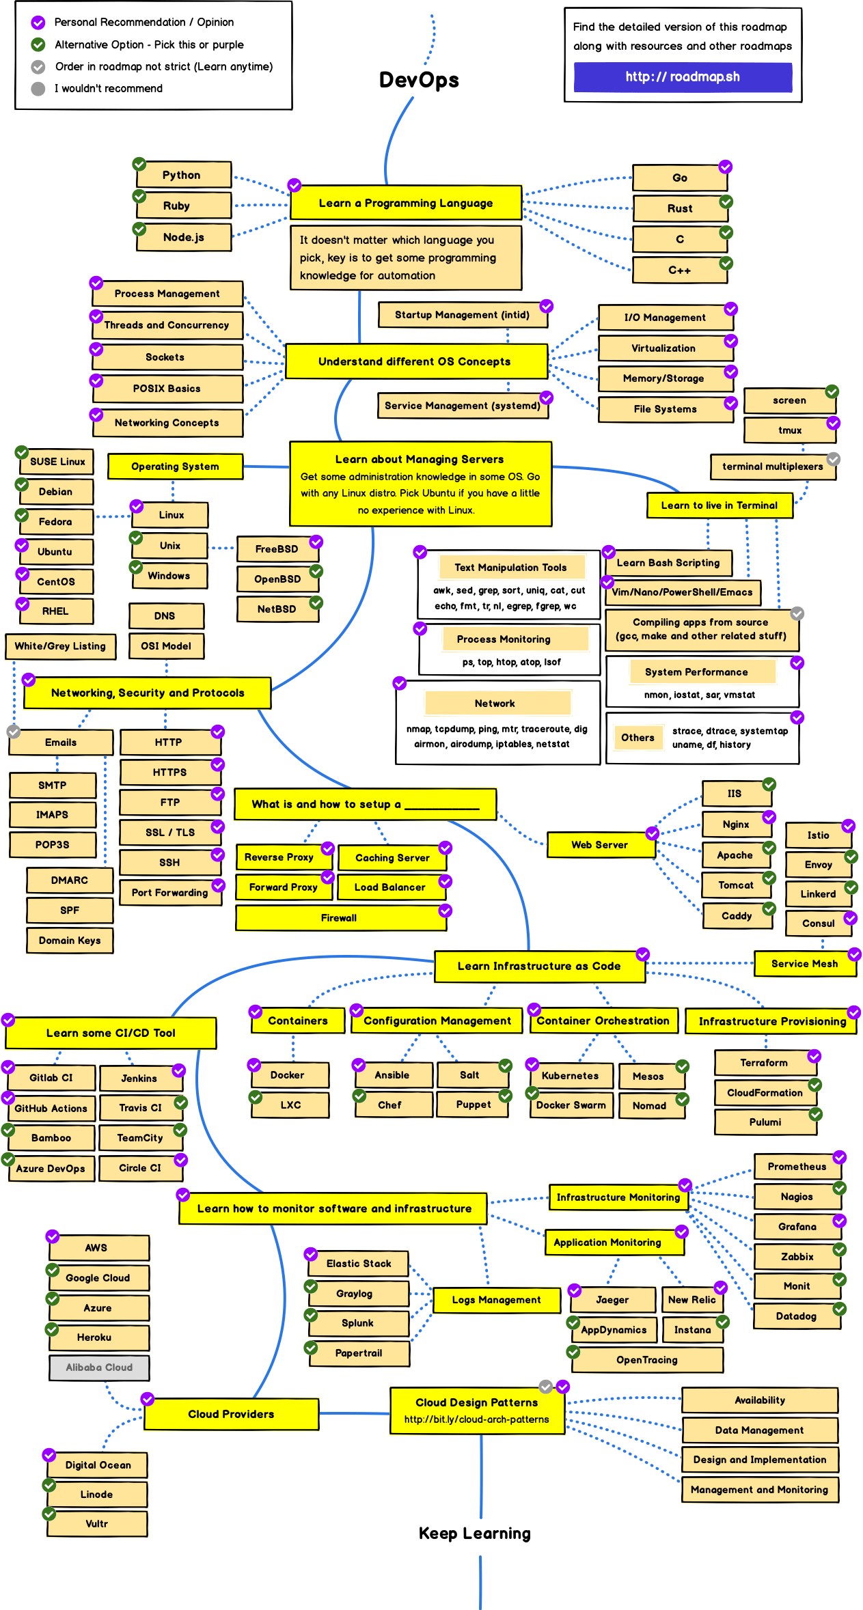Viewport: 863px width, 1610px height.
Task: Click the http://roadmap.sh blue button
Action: (x=683, y=77)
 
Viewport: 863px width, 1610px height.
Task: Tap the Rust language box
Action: (x=680, y=208)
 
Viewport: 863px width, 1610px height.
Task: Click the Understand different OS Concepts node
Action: (x=415, y=361)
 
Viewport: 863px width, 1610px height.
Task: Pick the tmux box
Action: (x=790, y=430)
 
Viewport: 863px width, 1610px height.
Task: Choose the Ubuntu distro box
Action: (x=55, y=552)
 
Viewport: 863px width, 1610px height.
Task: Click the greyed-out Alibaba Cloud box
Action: (x=99, y=1367)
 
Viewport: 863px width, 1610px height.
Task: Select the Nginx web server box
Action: (x=736, y=824)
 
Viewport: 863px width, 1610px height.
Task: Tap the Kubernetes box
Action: (x=571, y=1075)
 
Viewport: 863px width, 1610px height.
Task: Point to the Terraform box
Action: (x=765, y=1063)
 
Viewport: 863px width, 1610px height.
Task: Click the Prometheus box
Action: (x=797, y=1167)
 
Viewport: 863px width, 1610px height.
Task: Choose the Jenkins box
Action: (x=140, y=1079)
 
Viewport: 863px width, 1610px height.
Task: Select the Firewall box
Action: (x=340, y=918)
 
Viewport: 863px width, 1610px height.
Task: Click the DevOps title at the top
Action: (x=419, y=80)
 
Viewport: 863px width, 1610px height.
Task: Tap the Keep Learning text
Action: (x=474, y=1533)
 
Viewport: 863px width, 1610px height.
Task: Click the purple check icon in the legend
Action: (x=38, y=23)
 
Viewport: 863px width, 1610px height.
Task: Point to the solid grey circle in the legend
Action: (x=38, y=89)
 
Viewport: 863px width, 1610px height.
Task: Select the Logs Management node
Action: (x=496, y=1300)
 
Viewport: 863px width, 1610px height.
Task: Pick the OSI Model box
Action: (x=166, y=646)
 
